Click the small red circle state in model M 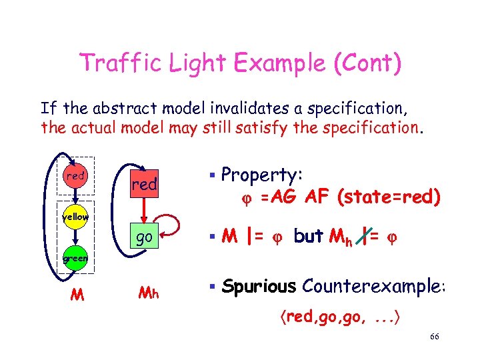(x=76, y=177)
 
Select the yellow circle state (x=76, y=217)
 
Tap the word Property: (x=262, y=175)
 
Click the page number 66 (x=434, y=337)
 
